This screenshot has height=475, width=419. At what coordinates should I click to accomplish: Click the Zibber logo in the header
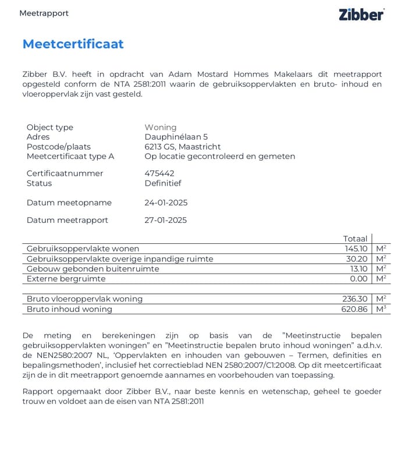pyautogui.click(x=361, y=15)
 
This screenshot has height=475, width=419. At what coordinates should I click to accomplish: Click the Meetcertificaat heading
pyautogui.click(x=73, y=44)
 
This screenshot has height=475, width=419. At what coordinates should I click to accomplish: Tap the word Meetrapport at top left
pyautogui.click(x=44, y=13)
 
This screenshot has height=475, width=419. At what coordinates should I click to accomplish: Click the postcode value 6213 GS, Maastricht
pyautogui.click(x=183, y=147)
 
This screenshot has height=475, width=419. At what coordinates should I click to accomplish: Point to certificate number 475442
pyautogui.click(x=159, y=173)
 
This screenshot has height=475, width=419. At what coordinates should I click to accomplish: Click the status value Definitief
pyautogui.click(x=163, y=183)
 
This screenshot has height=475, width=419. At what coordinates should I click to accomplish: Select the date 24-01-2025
pyautogui.click(x=166, y=203)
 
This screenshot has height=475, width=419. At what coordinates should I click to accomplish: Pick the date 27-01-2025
pyautogui.click(x=166, y=221)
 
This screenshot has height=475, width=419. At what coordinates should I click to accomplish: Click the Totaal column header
pyautogui.click(x=355, y=239)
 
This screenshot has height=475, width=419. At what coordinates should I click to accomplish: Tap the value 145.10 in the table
pyautogui.click(x=356, y=249)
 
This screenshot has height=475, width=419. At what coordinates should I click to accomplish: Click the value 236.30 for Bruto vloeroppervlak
pyautogui.click(x=355, y=299)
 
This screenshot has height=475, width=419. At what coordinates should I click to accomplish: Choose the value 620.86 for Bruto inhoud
pyautogui.click(x=354, y=309)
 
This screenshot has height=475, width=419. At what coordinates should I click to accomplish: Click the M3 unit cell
pyautogui.click(x=381, y=309)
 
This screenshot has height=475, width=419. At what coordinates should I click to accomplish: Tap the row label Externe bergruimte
pyautogui.click(x=66, y=279)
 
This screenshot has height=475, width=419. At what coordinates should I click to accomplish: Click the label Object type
pyautogui.click(x=50, y=127)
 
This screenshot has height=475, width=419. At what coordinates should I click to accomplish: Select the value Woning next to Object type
pyautogui.click(x=161, y=127)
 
